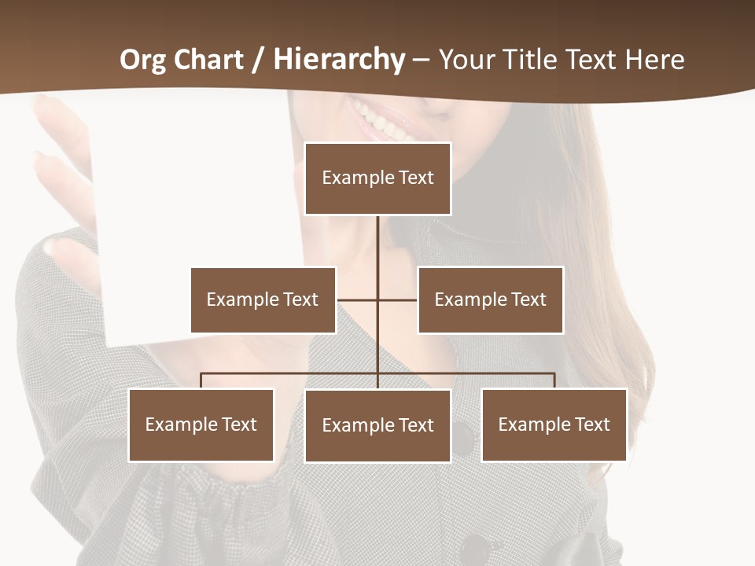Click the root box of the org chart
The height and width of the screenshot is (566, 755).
pos(377,178)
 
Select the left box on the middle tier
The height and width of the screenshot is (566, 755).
pos(263,300)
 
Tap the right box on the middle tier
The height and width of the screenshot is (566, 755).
pos(490,300)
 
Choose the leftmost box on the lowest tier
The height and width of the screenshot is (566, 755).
pos(201,424)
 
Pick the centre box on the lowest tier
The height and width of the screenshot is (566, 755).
pos(377,425)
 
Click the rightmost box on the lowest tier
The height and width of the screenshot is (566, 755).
pos(554,424)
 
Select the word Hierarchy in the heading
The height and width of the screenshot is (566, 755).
pos(339,60)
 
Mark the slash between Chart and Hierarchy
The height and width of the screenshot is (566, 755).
pos(258,61)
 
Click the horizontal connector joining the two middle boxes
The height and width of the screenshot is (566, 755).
pos(358,300)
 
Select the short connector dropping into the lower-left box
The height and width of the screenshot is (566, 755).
pos(201,380)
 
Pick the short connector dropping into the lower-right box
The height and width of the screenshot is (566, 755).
pos(554,380)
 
